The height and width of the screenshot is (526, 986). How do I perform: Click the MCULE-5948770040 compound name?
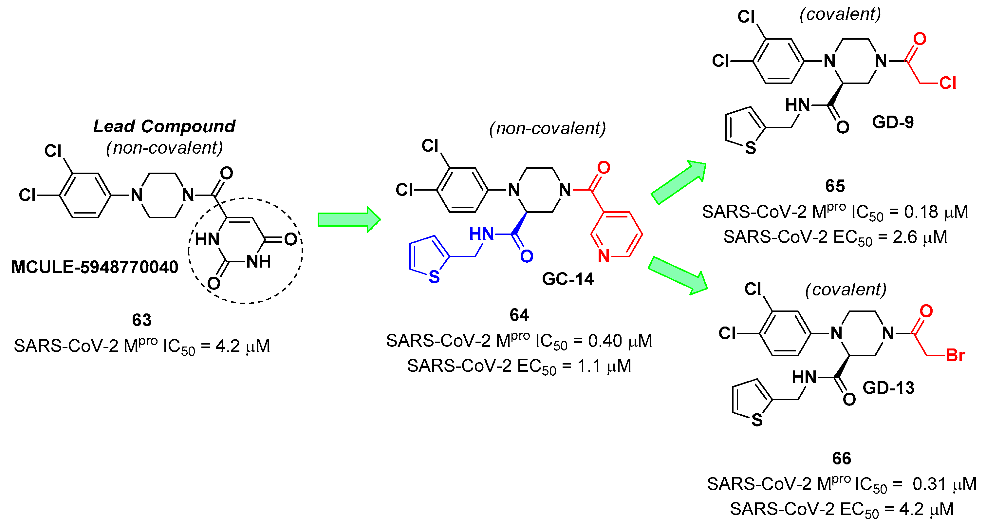pos(95,267)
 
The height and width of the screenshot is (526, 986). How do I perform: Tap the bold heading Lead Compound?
pos(164,126)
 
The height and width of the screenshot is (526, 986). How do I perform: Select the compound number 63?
pos(141,320)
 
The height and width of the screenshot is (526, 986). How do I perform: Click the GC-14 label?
pos(567,279)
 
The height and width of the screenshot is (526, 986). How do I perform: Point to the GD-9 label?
pos(893,122)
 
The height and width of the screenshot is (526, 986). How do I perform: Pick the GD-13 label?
pos(888,388)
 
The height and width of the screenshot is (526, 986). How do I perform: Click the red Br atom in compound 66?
pos(955,356)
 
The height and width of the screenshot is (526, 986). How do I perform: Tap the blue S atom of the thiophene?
pos(434,277)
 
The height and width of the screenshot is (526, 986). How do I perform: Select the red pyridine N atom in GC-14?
pos(604,256)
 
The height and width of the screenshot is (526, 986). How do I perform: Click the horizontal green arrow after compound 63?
pos(349,220)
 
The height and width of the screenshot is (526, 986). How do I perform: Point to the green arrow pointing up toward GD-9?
pos(679,183)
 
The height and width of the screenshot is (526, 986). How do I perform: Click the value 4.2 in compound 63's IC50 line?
pos(227,347)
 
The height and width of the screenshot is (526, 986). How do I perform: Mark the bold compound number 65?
pos(835,186)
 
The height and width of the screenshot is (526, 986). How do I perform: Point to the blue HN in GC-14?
pos(481,234)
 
